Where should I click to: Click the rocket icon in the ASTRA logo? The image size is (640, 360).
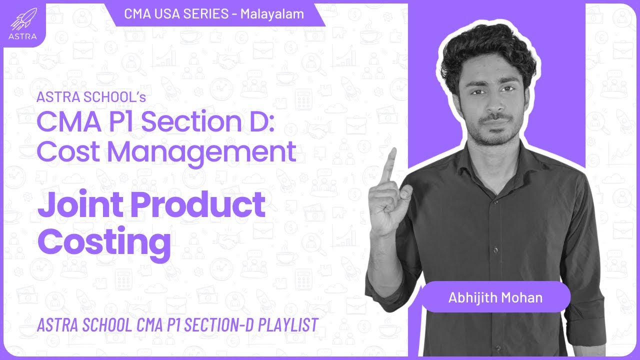[22, 20]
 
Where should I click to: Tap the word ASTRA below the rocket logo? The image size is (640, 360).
[22, 36]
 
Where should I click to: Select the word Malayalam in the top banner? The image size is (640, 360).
[272, 14]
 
